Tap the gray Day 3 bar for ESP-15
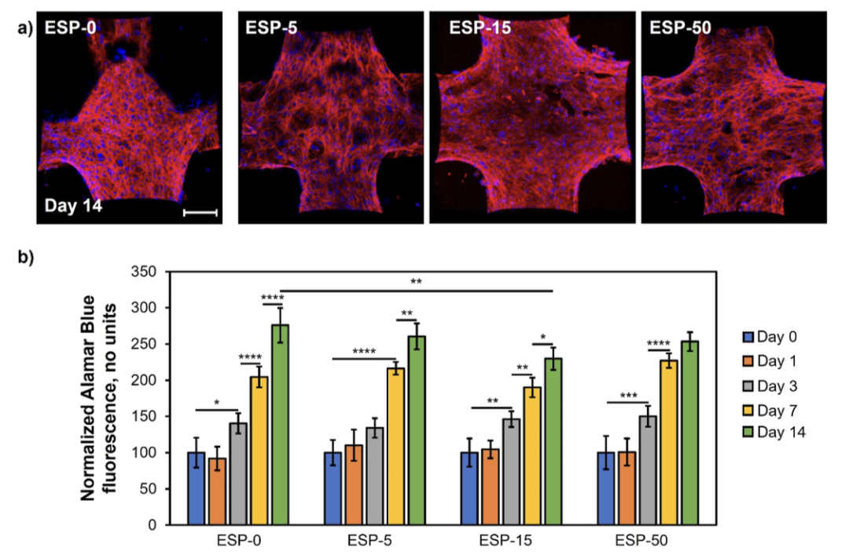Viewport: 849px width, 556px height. (x=512, y=471)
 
